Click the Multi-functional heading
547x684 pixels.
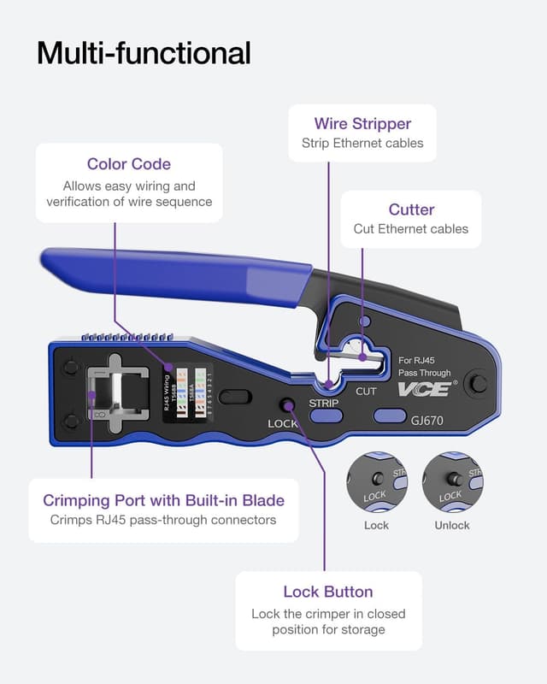point(144,53)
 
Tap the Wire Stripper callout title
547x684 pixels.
point(362,124)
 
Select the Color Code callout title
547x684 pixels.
point(129,164)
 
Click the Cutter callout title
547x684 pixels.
point(411,209)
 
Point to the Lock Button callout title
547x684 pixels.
point(328,592)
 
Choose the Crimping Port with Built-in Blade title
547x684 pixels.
point(163,500)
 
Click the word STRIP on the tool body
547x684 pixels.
point(324,402)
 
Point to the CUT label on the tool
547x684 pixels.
point(366,392)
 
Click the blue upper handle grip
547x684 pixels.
point(171,275)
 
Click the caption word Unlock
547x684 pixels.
point(452,525)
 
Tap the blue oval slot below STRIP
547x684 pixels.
point(326,416)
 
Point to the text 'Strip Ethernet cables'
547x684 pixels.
point(362,144)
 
